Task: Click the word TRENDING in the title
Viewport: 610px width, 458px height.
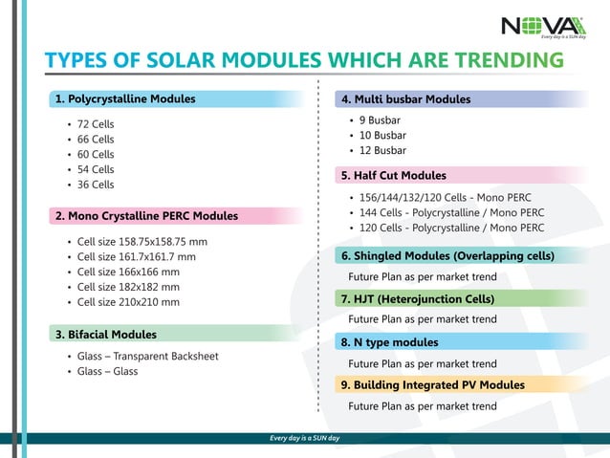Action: pos(509,61)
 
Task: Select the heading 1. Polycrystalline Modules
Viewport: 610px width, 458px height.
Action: pos(125,98)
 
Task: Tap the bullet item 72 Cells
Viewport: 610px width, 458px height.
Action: pos(96,124)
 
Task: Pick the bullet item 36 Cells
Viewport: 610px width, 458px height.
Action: pos(96,185)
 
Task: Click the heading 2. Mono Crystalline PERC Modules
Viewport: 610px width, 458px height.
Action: pos(146,216)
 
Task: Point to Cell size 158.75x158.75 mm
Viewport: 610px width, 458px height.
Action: pos(142,242)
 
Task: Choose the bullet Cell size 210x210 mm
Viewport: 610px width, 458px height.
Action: pos(128,302)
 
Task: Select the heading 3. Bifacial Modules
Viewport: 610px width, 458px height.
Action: pos(106,335)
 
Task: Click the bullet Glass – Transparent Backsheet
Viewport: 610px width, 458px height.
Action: pos(147,357)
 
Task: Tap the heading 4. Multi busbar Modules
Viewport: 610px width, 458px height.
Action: pos(406,99)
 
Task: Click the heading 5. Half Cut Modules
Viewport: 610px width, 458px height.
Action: pos(394,176)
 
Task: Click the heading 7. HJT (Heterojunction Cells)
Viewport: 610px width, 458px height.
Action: pos(418,299)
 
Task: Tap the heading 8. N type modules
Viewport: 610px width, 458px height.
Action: pos(390,342)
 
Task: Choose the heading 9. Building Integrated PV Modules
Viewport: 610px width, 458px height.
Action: pos(433,385)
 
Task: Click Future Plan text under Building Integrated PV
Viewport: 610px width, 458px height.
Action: pos(423,406)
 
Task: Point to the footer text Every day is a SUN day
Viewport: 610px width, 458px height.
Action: pos(305,439)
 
